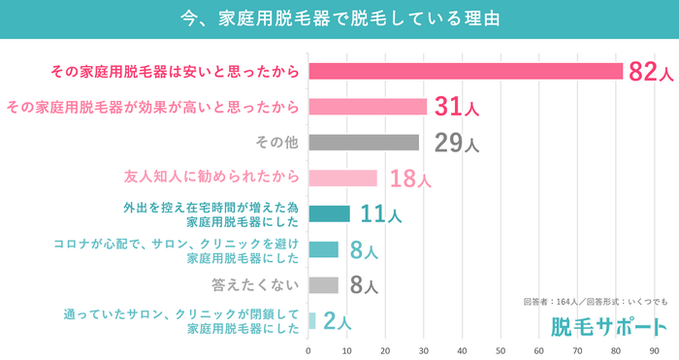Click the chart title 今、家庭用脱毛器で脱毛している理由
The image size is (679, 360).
point(339,18)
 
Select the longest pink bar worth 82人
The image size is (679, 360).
point(465,71)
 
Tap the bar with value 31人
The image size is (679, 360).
point(367,107)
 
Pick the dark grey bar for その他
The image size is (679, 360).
point(363,143)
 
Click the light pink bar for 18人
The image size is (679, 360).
point(342,178)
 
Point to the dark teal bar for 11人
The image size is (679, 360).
point(329,213)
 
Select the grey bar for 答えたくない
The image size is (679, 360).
point(323,285)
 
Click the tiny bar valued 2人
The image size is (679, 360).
point(312,320)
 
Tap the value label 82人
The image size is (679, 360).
point(650,72)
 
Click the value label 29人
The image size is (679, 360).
point(455,144)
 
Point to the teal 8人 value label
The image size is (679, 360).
point(363,250)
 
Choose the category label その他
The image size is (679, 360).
point(276,143)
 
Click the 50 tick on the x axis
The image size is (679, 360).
point(501,349)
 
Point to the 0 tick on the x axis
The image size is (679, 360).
point(308,349)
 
